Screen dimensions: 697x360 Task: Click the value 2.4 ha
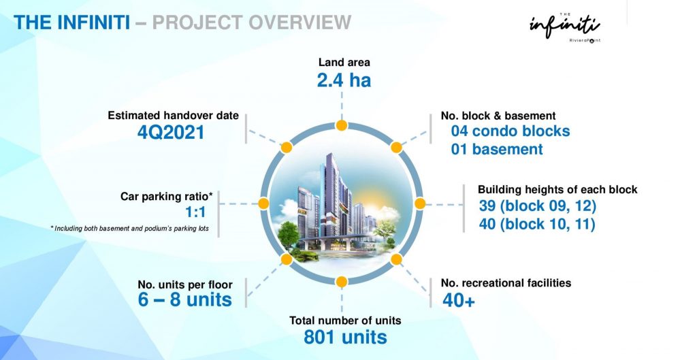point(344,80)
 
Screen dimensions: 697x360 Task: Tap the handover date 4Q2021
point(171,133)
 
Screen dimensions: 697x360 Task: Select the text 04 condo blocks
point(510,131)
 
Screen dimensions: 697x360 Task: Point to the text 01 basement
point(497,149)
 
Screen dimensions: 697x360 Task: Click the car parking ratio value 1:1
point(195,212)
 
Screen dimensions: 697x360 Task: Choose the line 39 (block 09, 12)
point(538,206)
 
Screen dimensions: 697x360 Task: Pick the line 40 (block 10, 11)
point(537,224)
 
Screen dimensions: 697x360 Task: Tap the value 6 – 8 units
point(185,299)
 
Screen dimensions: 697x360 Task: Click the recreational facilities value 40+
point(459,301)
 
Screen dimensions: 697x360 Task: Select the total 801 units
point(345,338)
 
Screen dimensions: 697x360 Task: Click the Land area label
point(344,62)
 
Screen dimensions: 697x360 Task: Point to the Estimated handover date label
point(173,116)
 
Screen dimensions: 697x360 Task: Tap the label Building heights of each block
point(557,190)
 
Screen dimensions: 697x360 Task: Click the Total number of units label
point(345,321)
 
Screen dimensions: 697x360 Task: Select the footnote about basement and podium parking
point(129,229)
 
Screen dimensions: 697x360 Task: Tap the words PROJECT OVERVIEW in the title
point(252,22)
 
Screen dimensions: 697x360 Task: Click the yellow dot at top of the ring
point(342,125)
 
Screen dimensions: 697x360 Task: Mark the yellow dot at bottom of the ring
point(342,282)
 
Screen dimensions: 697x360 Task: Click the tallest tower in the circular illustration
point(330,195)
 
